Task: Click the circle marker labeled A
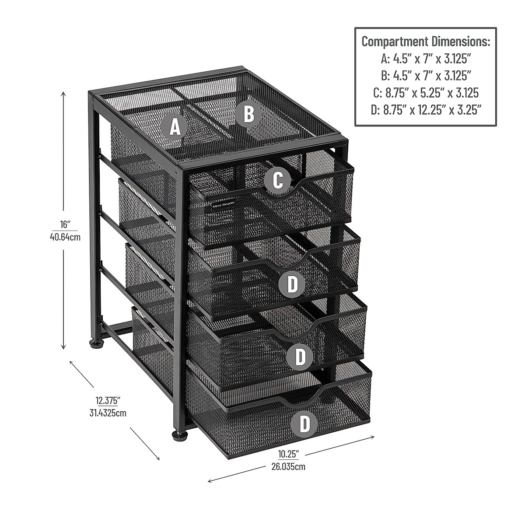(175, 127)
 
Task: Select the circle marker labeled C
(277, 180)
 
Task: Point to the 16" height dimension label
(65, 225)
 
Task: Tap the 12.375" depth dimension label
(108, 400)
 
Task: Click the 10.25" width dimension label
(287, 454)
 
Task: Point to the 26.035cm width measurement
(288, 466)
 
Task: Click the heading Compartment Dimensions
(425, 42)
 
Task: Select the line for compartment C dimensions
(425, 93)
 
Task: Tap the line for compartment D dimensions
(425, 110)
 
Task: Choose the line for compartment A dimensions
(425, 59)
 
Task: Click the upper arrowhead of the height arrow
(63, 93)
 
